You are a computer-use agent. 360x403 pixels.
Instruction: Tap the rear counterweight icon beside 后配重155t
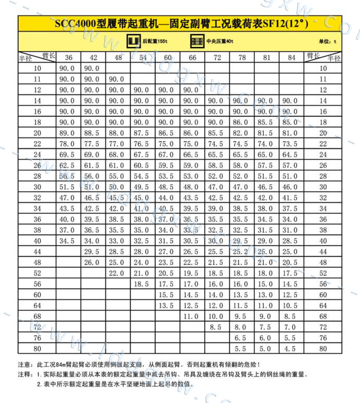pyautogui.click(x=133, y=41)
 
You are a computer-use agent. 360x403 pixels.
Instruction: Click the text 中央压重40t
pyautogui.click(x=220, y=41)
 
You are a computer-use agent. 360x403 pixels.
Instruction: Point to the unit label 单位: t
pyautogui.click(x=328, y=41)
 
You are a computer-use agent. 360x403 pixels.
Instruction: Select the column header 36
pyautogui.click(x=68, y=58)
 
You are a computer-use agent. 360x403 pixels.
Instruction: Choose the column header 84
pyautogui.click(x=292, y=58)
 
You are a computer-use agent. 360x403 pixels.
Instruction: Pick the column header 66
pyautogui.click(x=192, y=58)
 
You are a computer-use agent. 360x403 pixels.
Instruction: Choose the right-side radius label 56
pyautogui.click(x=323, y=284)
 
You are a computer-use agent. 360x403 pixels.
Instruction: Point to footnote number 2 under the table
pyautogui.click(x=40, y=384)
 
